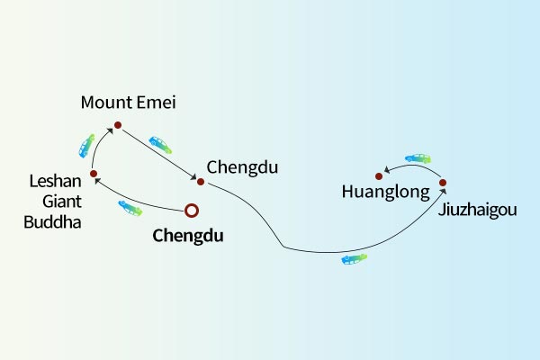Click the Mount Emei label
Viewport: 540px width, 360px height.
(128, 103)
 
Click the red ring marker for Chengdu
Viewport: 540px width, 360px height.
(191, 211)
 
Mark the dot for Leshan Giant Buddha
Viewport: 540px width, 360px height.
(93, 173)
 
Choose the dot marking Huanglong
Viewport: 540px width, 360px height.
(379, 175)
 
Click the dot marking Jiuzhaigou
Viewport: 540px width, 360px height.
(443, 183)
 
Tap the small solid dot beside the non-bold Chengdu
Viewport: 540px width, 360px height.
(201, 182)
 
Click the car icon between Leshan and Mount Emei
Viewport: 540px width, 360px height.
(86, 144)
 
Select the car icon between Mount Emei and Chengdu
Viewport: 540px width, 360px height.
(161, 143)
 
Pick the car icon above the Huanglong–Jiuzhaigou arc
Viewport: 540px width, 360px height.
(418, 158)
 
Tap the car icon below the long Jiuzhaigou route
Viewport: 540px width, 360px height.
(355, 259)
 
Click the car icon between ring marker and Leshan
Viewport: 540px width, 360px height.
(130, 208)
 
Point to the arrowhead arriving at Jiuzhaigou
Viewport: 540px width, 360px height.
(443, 192)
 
